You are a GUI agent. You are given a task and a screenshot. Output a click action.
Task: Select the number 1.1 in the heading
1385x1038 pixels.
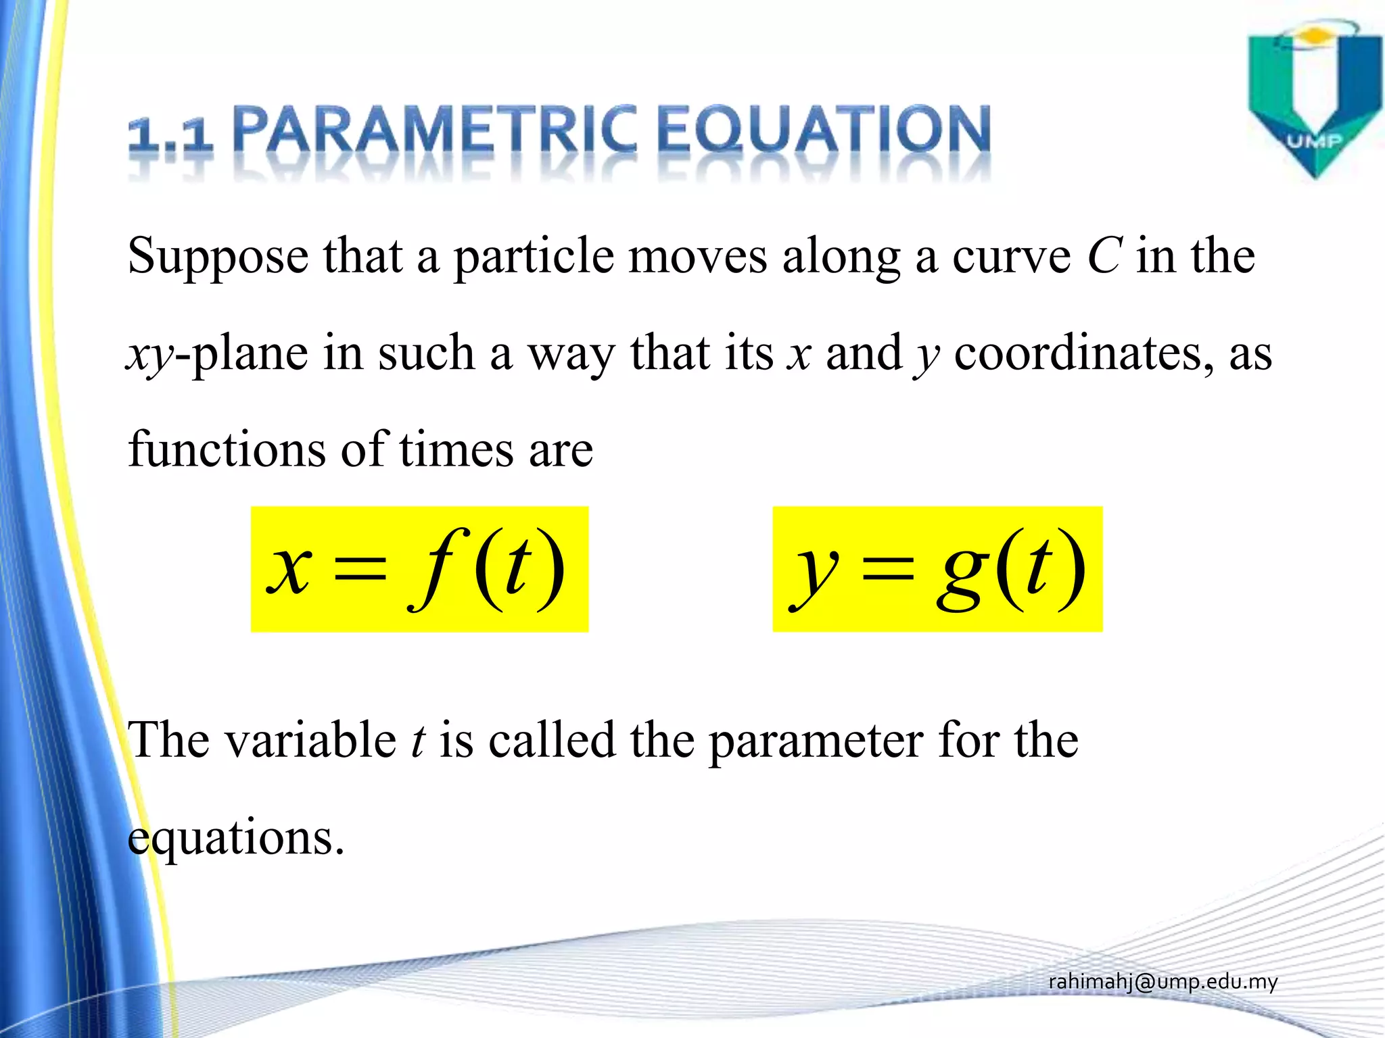(x=170, y=135)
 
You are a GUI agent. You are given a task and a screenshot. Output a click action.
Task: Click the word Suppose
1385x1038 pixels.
(x=218, y=257)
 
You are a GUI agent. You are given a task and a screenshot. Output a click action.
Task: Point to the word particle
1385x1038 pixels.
(x=534, y=257)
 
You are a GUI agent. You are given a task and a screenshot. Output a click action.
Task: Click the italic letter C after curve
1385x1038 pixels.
(x=1105, y=256)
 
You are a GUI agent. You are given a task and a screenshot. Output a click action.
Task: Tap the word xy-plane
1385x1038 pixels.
(x=217, y=354)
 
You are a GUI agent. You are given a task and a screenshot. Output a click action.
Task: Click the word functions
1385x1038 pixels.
(x=227, y=449)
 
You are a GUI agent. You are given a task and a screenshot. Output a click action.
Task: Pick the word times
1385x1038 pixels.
(x=456, y=449)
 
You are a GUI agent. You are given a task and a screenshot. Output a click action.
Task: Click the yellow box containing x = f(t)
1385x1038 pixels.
(x=419, y=569)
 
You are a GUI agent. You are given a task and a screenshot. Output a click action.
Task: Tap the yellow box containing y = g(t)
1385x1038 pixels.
(x=937, y=569)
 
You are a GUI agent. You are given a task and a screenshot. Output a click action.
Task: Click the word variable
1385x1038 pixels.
(x=310, y=740)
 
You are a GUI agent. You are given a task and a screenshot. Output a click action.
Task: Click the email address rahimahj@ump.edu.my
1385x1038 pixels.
(x=1163, y=982)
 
